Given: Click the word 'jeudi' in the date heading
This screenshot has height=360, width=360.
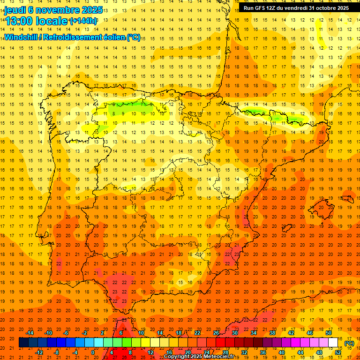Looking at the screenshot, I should [15, 10].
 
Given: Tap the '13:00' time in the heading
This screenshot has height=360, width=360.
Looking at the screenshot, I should [19, 21].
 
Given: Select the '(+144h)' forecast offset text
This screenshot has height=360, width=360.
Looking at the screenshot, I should [83, 21].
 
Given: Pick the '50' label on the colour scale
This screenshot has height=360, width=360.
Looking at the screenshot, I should [328, 333].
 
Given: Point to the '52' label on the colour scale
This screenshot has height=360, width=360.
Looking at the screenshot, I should [338, 352].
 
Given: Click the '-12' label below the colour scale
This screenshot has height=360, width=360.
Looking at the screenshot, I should [39, 352].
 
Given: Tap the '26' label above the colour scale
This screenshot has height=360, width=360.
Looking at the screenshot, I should [216, 333].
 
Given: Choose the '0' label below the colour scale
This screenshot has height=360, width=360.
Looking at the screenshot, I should [93, 352].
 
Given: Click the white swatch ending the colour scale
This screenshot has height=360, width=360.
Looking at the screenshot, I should [333, 343].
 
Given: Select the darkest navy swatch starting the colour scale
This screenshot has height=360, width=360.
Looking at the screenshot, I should [23, 343].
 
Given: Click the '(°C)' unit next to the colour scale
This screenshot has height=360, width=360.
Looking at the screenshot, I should [349, 343].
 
